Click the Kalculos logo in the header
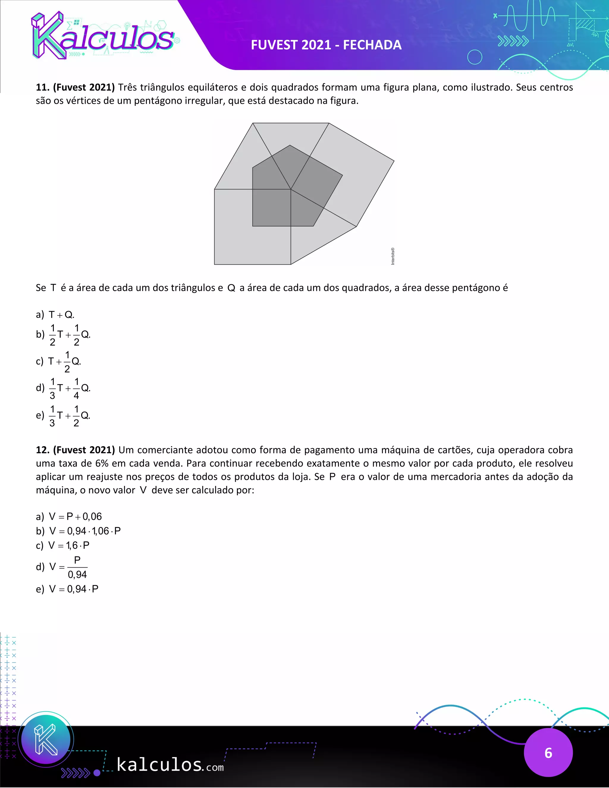(x=103, y=36)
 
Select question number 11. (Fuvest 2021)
(x=75, y=87)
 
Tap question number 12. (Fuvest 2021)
(x=75, y=450)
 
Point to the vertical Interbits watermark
(x=393, y=256)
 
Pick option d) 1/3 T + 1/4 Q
(x=63, y=388)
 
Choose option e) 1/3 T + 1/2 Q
(x=63, y=416)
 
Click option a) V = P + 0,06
(x=69, y=517)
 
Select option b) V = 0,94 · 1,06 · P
(x=78, y=531)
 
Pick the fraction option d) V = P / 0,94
(x=62, y=567)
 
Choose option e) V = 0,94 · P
(x=67, y=589)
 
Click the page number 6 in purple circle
(x=548, y=753)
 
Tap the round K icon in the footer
(x=46, y=739)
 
